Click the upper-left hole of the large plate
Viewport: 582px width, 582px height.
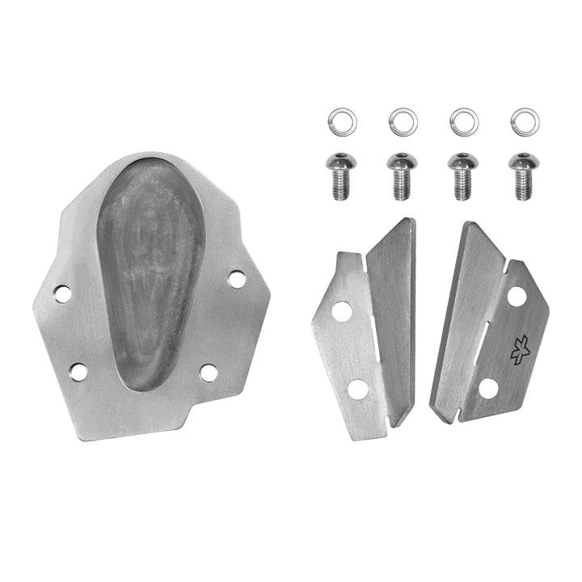point(63,293)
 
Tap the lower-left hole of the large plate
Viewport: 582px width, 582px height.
point(78,372)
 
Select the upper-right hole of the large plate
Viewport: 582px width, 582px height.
point(236,279)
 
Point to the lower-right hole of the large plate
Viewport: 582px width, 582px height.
point(209,373)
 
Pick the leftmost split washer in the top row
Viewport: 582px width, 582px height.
point(342,122)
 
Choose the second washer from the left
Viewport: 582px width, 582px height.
point(403,122)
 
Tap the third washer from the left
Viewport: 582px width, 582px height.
point(463,122)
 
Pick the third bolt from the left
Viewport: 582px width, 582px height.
point(462,175)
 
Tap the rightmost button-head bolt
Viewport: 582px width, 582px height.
point(523,175)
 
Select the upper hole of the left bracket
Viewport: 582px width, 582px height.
point(342,311)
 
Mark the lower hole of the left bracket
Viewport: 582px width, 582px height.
point(358,390)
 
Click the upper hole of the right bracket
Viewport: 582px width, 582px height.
point(517,297)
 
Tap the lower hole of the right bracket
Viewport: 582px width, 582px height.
point(488,388)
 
